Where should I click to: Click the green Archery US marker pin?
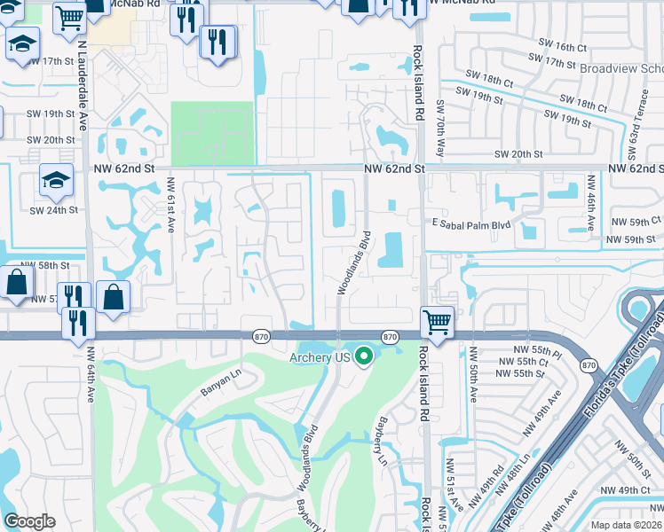(363, 357)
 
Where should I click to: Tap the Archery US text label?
(320, 358)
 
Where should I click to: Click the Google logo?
(29, 521)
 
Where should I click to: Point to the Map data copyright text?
(625, 525)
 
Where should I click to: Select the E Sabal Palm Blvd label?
(471, 225)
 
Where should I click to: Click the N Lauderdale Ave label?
(83, 85)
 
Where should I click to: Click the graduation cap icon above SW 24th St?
(55, 181)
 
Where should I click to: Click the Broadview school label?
(621, 68)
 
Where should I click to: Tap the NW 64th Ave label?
(91, 372)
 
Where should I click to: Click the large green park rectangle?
(212, 134)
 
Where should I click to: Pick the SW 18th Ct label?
(484, 82)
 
